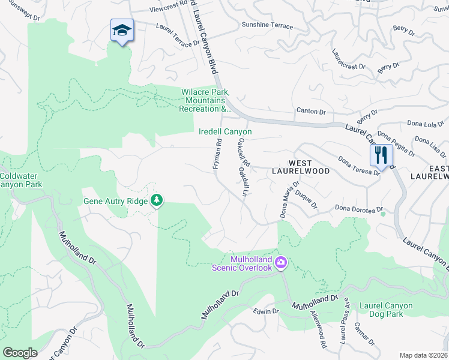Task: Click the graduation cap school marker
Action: point(122,31)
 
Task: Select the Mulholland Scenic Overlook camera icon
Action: point(280,263)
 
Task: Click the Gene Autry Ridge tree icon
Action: point(157,200)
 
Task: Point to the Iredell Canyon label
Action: point(225,131)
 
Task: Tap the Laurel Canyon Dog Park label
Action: point(386,310)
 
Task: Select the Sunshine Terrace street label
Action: point(267,26)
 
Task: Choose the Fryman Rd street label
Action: point(217,154)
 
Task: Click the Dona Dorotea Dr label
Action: point(359,209)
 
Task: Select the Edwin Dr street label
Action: point(266,311)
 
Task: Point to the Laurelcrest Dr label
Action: point(349,59)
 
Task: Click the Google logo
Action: point(20,353)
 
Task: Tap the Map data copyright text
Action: point(423,355)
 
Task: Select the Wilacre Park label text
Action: point(206,100)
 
